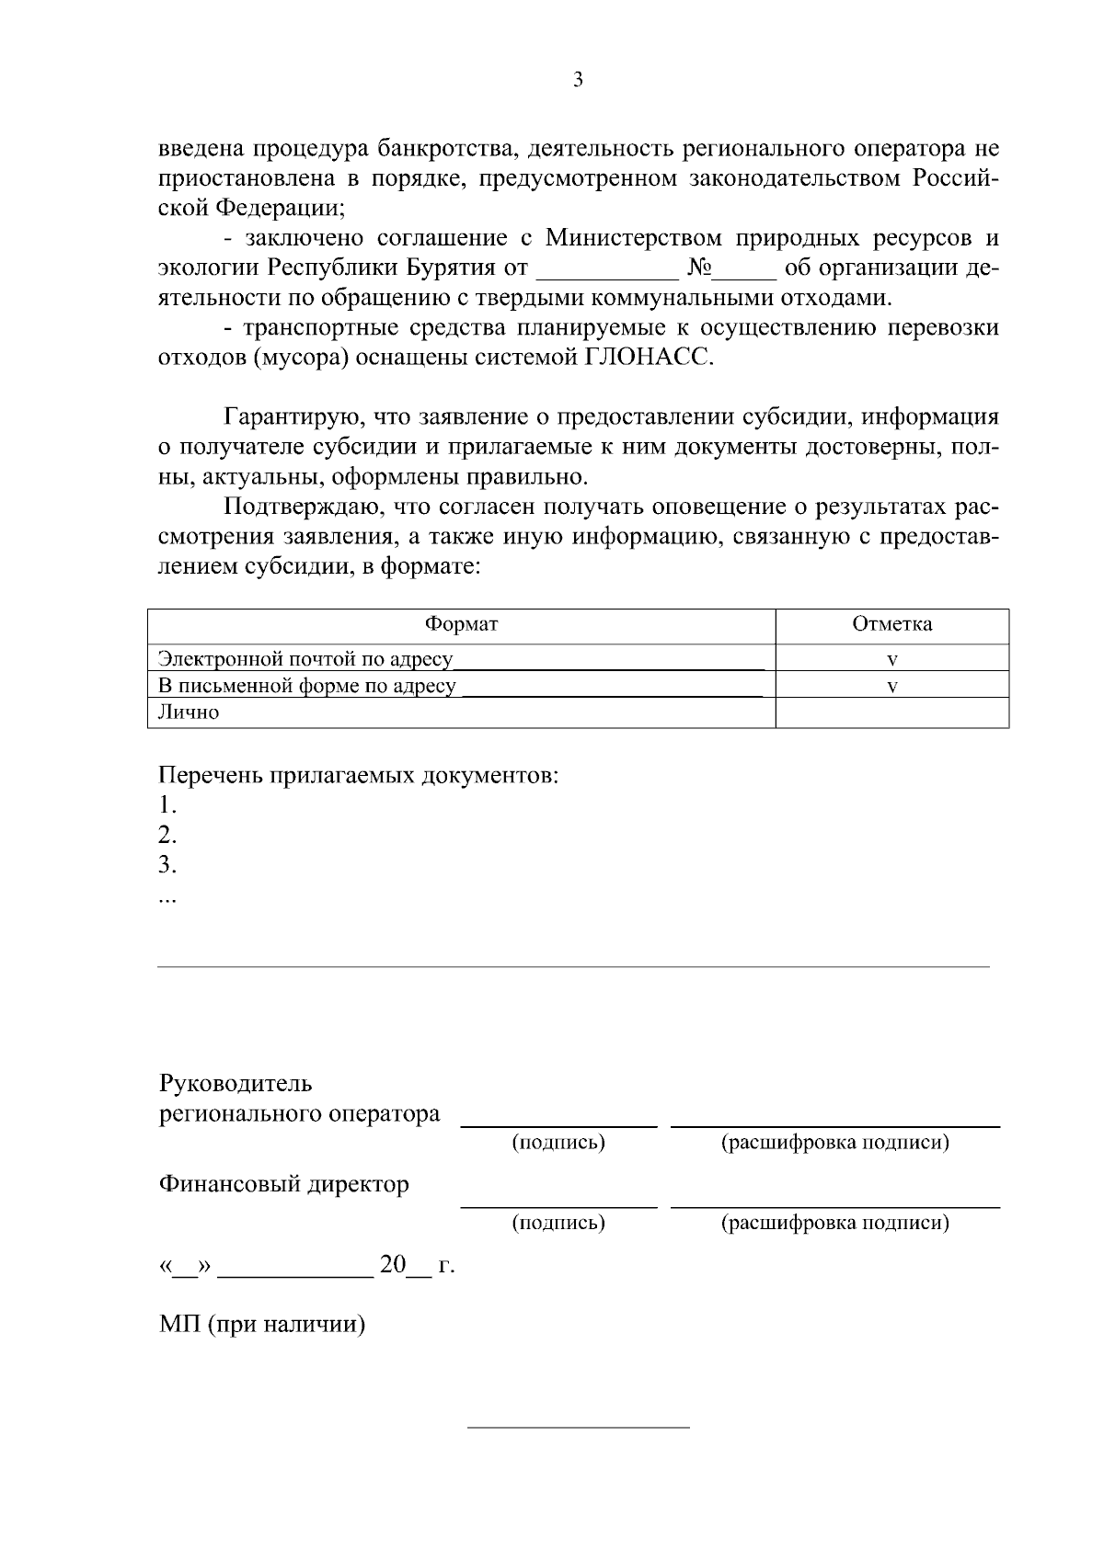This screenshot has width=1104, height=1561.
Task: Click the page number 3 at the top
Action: point(578,80)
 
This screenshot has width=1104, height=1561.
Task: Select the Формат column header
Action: point(461,625)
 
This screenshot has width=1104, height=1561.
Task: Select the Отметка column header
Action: point(891,625)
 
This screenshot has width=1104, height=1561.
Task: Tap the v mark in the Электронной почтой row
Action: point(891,659)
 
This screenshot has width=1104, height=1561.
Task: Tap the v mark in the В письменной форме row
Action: point(891,686)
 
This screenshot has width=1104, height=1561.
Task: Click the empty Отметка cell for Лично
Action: point(891,712)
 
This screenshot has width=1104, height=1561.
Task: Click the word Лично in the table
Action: point(189,712)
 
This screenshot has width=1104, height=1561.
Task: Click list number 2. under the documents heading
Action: point(167,835)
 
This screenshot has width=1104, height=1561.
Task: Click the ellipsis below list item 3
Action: point(167,899)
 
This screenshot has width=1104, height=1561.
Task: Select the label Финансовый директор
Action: point(284,1184)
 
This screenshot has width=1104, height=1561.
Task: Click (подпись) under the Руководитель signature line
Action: point(558,1143)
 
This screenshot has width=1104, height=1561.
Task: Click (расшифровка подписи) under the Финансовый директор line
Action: point(834,1223)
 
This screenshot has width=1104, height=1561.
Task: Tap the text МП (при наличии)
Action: point(262,1325)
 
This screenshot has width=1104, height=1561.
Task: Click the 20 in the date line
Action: point(393,1265)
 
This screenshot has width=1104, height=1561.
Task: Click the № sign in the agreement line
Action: point(699,268)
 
